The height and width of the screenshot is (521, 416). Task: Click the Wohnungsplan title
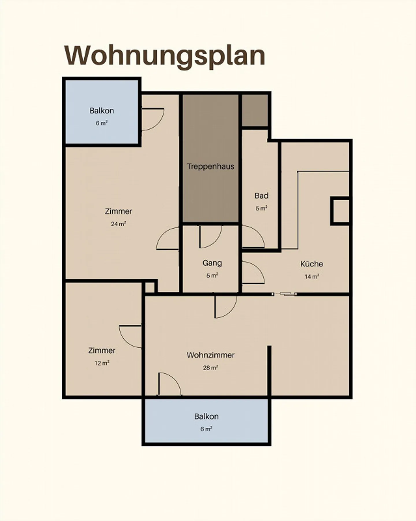pyautogui.click(x=165, y=55)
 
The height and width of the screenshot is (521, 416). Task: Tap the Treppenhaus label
pyautogui.click(x=210, y=166)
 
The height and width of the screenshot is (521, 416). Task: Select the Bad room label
pyautogui.click(x=261, y=196)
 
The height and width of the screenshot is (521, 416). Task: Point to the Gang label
pyautogui.click(x=212, y=263)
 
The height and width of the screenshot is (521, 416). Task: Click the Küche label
pyautogui.click(x=311, y=264)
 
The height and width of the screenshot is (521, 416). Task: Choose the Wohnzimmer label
pyautogui.click(x=210, y=355)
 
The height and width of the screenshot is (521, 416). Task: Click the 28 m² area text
pyautogui.click(x=210, y=368)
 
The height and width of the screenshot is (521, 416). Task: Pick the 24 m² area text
pyautogui.click(x=118, y=224)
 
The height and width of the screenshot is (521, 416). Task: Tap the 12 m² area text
pyautogui.click(x=102, y=363)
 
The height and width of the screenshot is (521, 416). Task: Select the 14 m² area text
pyautogui.click(x=312, y=277)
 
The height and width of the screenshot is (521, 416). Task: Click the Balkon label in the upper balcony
pyautogui.click(x=102, y=111)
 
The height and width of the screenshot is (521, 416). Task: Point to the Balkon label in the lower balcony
pyautogui.click(x=206, y=416)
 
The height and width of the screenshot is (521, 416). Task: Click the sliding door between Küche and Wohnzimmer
pyautogui.click(x=285, y=294)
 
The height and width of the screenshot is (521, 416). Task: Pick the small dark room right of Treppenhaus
pyautogui.click(x=255, y=110)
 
